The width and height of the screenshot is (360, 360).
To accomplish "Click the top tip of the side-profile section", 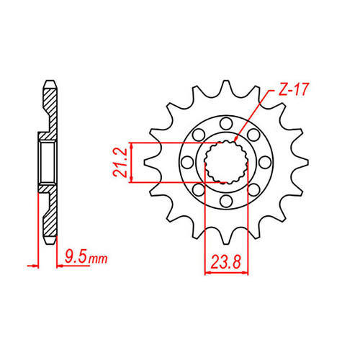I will tap(50, 80).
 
